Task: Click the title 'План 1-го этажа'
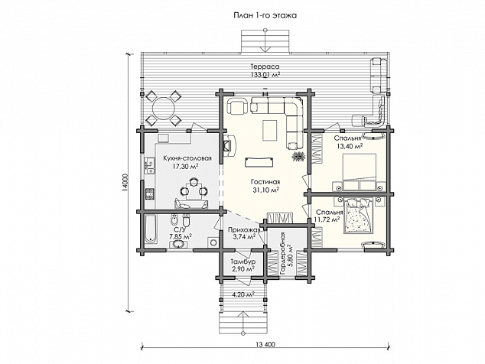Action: [265, 15]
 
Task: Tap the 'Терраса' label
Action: [265, 67]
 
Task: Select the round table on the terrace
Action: [163, 108]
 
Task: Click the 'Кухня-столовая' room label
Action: [187, 158]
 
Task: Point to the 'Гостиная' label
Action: [265, 182]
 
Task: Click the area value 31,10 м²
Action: [266, 190]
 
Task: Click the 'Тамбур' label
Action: [242, 262]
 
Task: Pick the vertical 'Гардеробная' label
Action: [282, 253]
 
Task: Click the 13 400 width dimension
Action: [265, 345]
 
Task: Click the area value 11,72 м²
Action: [327, 219]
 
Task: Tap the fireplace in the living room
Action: [229, 145]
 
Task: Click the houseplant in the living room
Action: [298, 156]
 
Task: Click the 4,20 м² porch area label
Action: [243, 294]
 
